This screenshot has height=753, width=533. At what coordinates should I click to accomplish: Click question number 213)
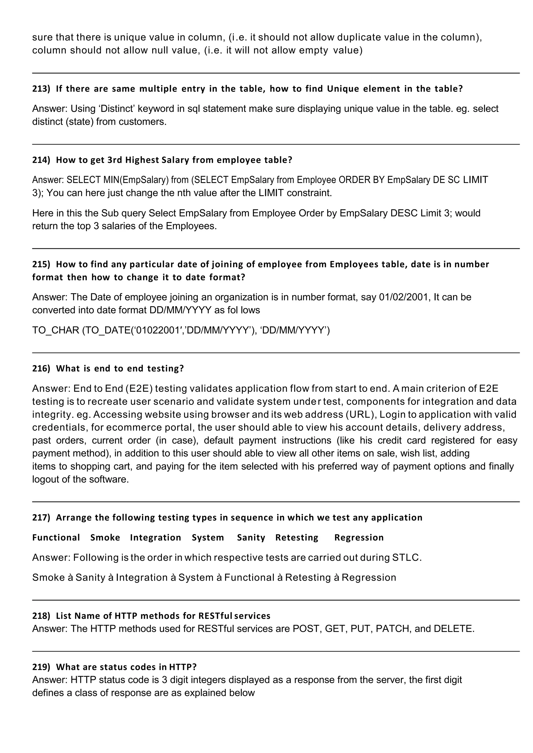(41, 89)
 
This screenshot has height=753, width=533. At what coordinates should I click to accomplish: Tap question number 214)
(41, 160)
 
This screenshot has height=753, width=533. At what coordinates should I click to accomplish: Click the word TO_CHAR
(56, 330)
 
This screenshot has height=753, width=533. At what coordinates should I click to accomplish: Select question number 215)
(41, 264)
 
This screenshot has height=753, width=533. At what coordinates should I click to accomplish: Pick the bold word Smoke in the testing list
(105, 537)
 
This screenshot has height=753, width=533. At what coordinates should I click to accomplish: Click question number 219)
(41, 667)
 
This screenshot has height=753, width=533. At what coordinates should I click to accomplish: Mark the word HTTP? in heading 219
(182, 667)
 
